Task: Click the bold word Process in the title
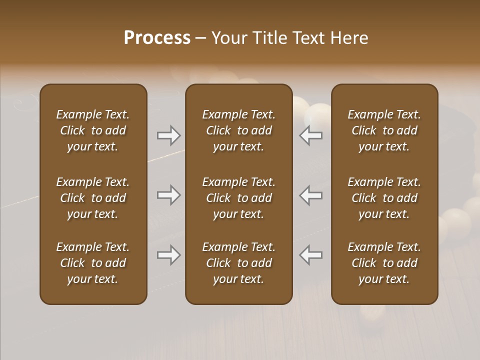[157, 38]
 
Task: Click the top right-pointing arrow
[169, 135]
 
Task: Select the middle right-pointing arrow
[169, 195]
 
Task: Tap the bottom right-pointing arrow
[169, 255]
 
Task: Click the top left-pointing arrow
[311, 135]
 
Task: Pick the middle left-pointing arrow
[311, 195]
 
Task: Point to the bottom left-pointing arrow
[311, 255]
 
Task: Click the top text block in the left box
[93, 130]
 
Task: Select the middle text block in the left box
[93, 198]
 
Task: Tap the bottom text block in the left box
[93, 263]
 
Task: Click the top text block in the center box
[238, 130]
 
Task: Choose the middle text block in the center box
[238, 198]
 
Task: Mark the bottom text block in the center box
[238, 263]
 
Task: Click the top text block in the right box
[384, 130]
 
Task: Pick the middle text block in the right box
[384, 198]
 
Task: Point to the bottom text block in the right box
[384, 263]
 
